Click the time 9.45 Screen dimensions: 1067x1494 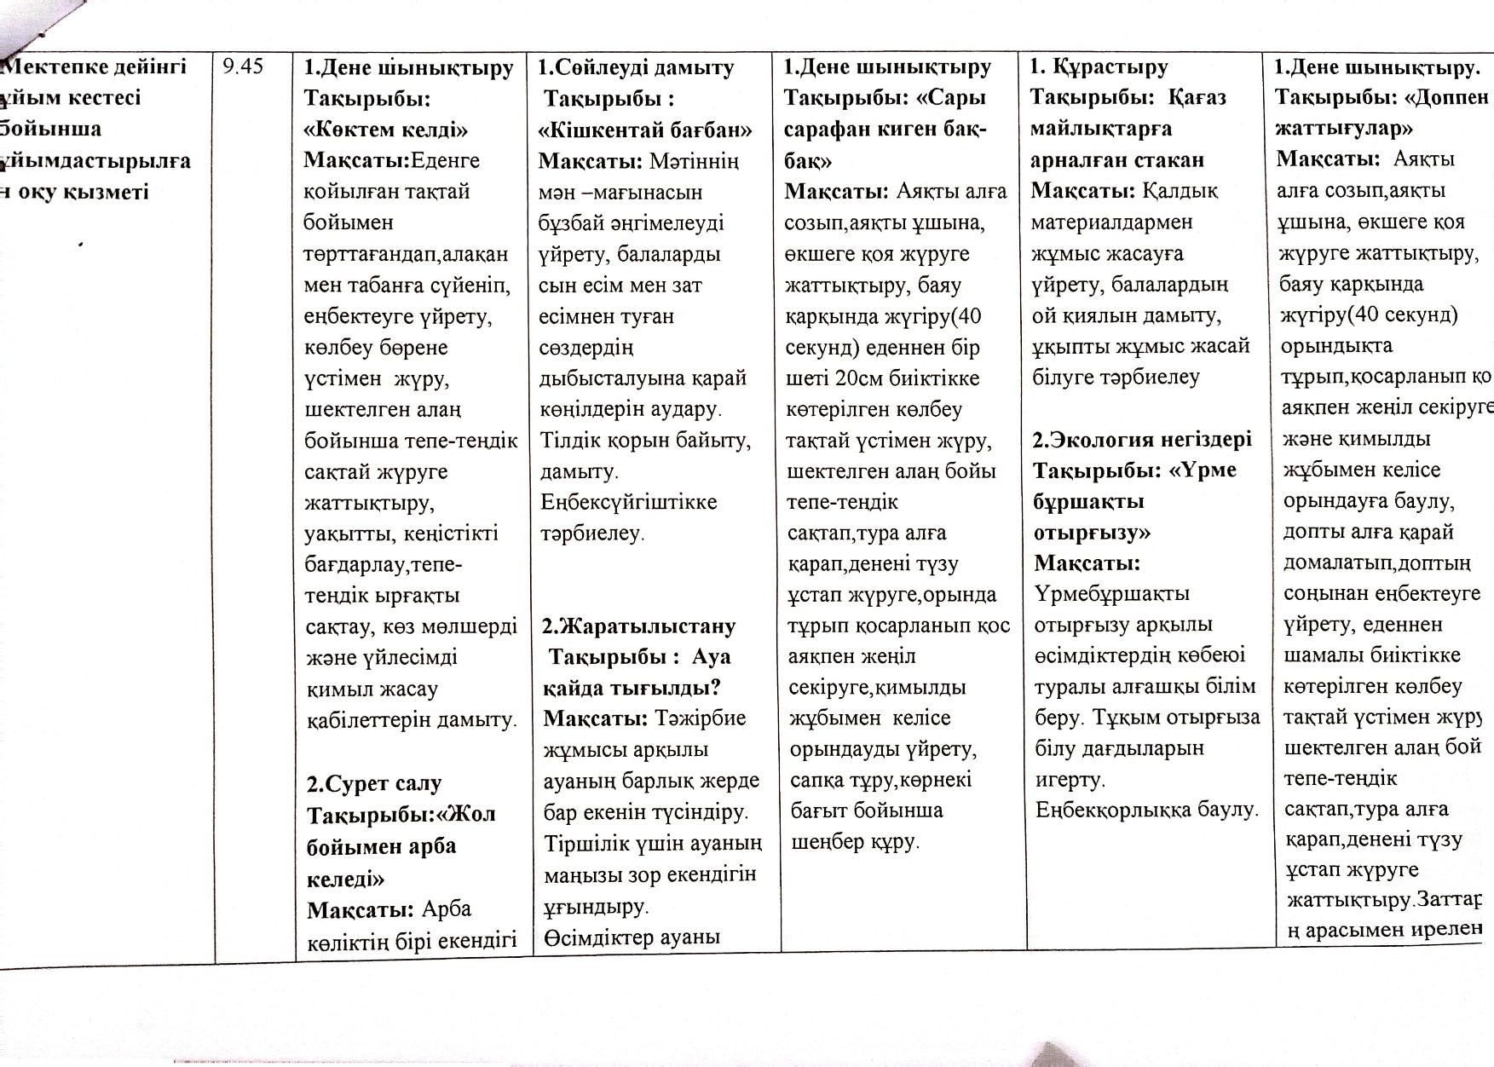tap(244, 66)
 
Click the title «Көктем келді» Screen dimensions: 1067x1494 tap(386, 130)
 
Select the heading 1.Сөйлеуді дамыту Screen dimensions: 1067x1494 tap(637, 67)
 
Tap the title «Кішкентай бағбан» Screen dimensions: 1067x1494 tap(645, 130)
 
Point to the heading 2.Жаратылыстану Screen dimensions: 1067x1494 tap(639, 626)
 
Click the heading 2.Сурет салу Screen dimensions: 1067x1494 tap(374, 783)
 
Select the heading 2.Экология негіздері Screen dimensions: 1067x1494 tap(1142, 440)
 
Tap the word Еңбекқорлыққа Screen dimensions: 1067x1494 tap(1107, 810)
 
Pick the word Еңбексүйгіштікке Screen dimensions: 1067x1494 tap(628, 502)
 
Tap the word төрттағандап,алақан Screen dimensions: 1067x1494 tap(406, 254)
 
